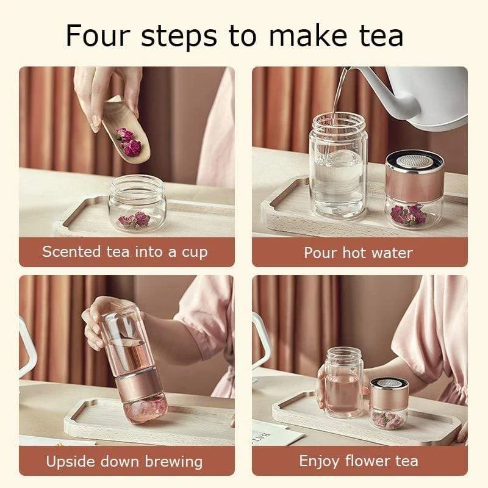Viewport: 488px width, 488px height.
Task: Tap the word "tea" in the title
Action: coord(378,35)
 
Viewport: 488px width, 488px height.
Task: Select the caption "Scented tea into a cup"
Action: coord(125,252)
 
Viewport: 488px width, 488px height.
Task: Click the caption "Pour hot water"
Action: coord(358,253)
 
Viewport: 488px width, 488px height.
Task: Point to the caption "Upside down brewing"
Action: coord(124,461)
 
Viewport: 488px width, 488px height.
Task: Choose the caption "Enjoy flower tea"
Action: coord(358,461)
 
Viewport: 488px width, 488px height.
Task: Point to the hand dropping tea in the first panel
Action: coord(104,91)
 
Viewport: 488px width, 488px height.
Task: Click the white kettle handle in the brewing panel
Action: coord(24,348)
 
